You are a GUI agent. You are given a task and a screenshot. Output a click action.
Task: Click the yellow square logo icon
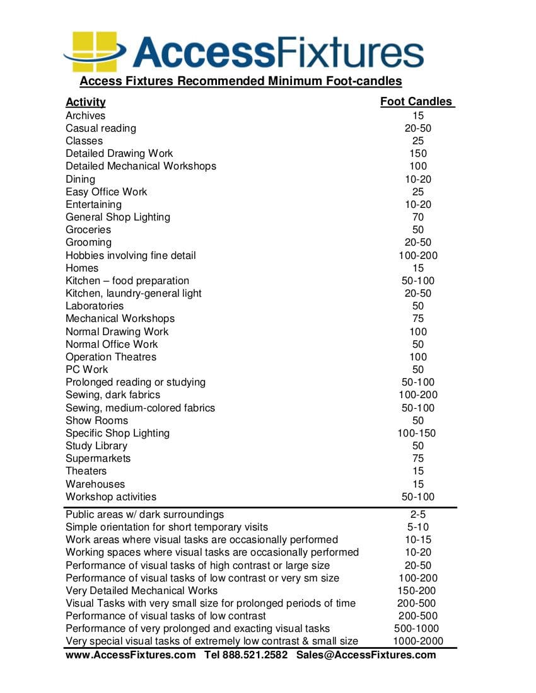click(95, 51)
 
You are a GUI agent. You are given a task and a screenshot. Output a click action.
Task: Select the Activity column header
click(86, 102)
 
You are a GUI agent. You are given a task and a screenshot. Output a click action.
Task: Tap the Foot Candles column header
click(417, 101)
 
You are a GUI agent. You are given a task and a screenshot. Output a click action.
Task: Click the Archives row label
click(86, 115)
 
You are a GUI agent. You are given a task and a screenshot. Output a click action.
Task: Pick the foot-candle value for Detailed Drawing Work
click(418, 153)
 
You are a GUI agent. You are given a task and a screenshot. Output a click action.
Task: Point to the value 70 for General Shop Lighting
click(418, 217)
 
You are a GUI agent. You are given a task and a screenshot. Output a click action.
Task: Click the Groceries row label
click(88, 229)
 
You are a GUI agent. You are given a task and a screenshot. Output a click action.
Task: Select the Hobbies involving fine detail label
click(131, 255)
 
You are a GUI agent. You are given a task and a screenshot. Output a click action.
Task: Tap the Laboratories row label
click(95, 306)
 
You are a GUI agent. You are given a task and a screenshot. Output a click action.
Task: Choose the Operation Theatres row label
click(111, 357)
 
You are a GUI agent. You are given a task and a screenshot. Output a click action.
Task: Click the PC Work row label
click(87, 369)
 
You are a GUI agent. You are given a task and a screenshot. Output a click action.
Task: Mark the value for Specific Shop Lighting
click(417, 433)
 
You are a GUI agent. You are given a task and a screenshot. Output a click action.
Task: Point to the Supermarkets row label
click(98, 458)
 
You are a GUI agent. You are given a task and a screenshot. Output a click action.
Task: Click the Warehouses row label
click(95, 484)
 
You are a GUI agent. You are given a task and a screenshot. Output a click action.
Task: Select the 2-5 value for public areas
click(418, 514)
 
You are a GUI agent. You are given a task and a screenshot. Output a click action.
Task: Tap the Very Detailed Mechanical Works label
click(142, 590)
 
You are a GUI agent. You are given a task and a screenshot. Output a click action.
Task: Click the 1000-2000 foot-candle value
click(418, 641)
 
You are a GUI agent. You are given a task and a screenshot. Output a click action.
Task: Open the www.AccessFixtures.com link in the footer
click(131, 655)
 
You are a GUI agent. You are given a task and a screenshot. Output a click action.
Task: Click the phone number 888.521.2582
click(255, 655)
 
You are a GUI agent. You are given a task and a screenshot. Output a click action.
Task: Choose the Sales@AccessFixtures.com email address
click(366, 655)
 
